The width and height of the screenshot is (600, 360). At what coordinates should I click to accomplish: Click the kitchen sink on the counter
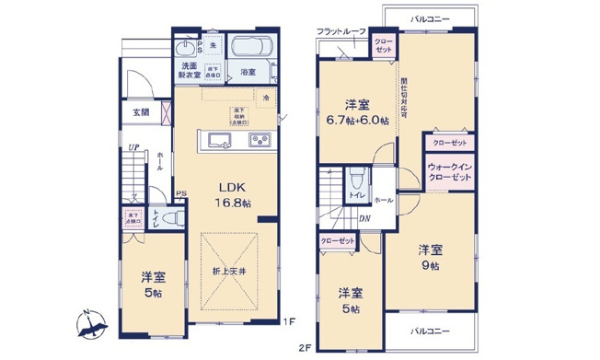219,140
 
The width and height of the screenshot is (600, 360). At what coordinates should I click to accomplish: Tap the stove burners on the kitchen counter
259,140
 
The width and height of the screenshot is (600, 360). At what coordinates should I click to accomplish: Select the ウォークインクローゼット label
448,171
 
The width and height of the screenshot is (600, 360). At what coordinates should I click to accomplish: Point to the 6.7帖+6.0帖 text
356,118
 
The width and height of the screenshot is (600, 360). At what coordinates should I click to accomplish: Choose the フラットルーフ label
341,32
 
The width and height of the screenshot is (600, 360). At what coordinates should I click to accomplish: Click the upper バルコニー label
430,17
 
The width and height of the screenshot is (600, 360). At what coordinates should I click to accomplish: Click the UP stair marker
134,146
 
